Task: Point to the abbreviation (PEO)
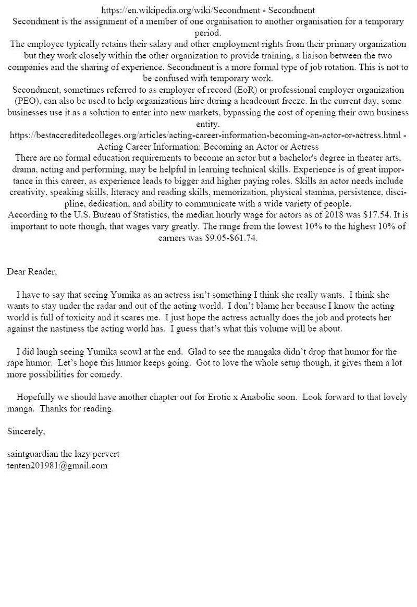pyautogui.click(x=22, y=101)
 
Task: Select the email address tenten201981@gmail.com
pyautogui.click(x=57, y=466)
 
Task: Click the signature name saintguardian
pyautogui.click(x=32, y=454)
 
